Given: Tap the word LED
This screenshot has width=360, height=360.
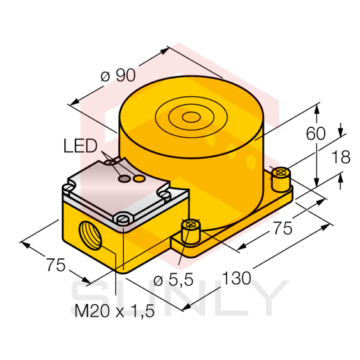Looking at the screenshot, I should pyautogui.click(x=80, y=146).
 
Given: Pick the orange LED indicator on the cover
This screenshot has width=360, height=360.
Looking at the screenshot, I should pyautogui.click(x=139, y=180).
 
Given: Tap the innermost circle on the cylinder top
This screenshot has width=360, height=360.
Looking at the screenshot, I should pyautogui.click(x=191, y=117).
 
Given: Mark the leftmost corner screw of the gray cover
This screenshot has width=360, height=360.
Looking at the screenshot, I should pyautogui.click(x=70, y=185).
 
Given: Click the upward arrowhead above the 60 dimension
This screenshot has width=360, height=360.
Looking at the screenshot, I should pyautogui.click(x=318, y=108).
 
